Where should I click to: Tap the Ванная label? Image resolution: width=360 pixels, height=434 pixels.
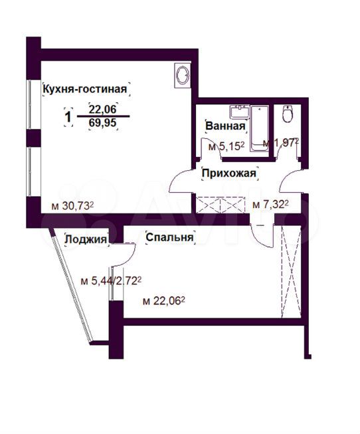(225, 126)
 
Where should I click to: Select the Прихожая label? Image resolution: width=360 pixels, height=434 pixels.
(229, 173)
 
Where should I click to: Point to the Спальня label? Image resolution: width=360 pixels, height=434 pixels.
(169, 237)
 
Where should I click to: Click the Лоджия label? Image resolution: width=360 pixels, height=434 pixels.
(86, 239)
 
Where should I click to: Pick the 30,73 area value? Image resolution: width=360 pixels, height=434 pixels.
(76, 205)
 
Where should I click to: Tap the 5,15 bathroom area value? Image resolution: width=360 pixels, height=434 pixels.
(229, 146)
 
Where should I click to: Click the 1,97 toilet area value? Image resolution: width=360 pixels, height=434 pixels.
(284, 143)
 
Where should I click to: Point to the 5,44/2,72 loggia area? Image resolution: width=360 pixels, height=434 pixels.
(114, 281)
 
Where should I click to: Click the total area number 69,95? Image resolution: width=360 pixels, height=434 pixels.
(103, 123)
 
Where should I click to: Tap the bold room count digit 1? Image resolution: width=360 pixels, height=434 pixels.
(68, 116)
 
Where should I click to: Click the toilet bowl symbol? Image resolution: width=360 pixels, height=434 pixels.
(287, 114)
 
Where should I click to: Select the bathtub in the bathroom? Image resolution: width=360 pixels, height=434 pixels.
(259, 128)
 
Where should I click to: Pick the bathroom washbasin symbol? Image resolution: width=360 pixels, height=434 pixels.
(239, 112)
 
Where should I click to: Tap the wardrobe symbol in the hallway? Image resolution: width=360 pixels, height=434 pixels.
(221, 205)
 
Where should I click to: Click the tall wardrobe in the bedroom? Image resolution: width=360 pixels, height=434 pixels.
(291, 272)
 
